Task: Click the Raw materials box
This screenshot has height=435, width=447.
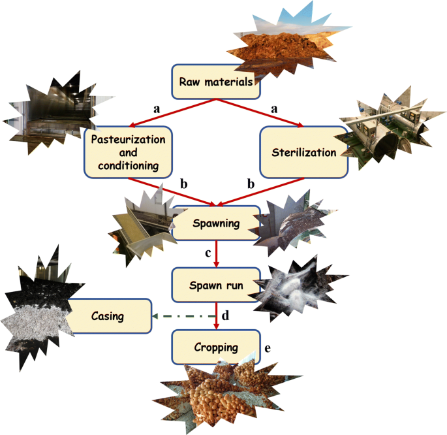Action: (212, 82)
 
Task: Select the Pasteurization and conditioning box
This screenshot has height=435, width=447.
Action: (129, 152)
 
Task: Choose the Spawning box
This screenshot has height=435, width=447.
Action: (216, 223)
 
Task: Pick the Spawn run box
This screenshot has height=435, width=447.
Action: (216, 284)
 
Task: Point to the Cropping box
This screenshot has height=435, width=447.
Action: (216, 347)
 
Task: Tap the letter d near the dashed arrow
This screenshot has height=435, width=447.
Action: (226, 315)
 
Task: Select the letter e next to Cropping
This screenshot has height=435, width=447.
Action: (268, 347)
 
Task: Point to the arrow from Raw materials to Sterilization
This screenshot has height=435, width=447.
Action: (261, 113)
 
